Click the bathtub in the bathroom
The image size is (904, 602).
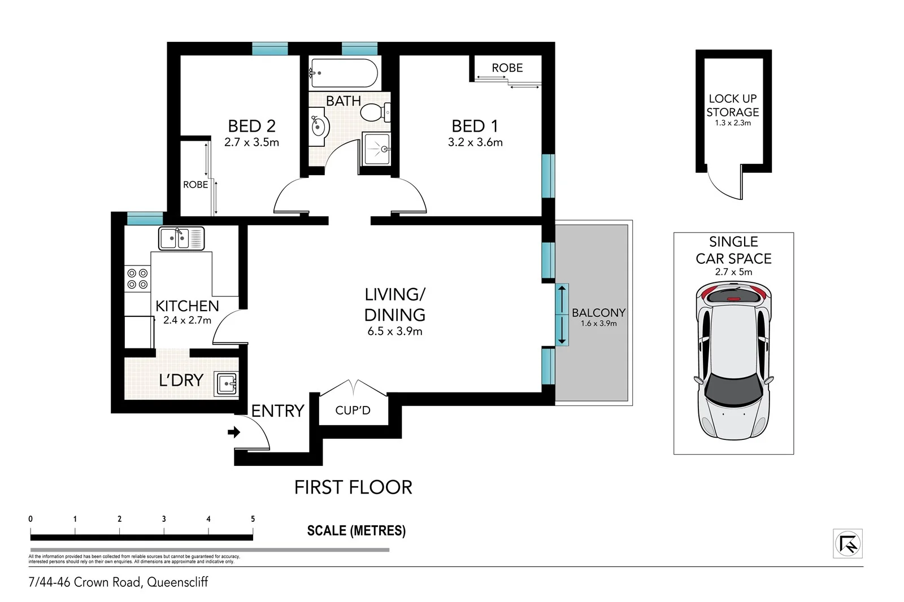point(344,73)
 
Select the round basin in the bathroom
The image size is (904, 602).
point(319,126)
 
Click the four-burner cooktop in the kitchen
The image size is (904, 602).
point(137,278)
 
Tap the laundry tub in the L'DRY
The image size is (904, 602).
point(226,384)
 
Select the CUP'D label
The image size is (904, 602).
point(353,411)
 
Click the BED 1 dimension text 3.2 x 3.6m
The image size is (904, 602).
point(475,143)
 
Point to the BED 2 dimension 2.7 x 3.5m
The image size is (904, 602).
point(251,143)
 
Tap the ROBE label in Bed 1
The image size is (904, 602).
point(507,68)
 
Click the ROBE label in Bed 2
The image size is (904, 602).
point(195,185)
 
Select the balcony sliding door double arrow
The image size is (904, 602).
point(562,315)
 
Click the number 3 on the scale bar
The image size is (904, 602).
point(164,519)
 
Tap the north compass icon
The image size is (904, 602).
point(847,544)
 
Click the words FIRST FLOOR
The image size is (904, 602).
point(353,487)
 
